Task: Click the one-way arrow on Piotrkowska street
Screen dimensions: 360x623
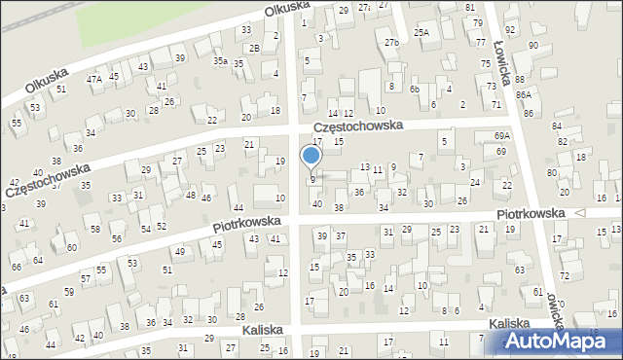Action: tap(581, 212)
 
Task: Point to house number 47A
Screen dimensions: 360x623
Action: tap(94, 80)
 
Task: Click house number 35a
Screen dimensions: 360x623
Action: tap(221, 61)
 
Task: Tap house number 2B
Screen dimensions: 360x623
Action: tap(254, 48)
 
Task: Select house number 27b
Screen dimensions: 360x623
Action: tap(391, 43)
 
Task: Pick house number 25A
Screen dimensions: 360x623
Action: tap(421, 32)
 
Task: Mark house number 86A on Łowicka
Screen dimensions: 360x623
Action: tap(524, 94)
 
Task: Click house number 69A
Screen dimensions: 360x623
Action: tap(502, 135)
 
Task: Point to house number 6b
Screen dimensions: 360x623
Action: tap(415, 89)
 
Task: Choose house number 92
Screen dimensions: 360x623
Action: tap(535, 31)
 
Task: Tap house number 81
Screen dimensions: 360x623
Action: tap(470, 8)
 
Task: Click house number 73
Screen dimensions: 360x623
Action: tap(492, 86)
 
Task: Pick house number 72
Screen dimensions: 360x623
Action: tap(564, 277)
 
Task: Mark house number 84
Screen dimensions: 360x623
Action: tap(556, 126)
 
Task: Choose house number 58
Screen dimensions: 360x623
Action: tap(94, 230)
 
